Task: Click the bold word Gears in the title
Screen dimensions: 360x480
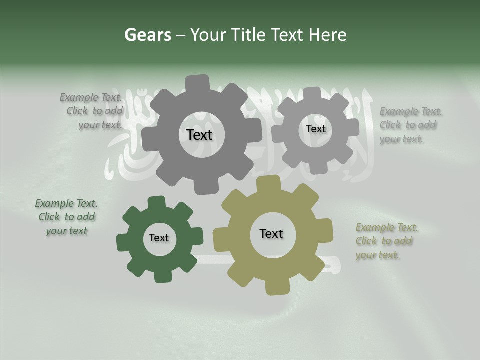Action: pyautogui.click(x=147, y=35)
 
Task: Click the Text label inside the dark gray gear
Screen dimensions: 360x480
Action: pyautogui.click(x=199, y=135)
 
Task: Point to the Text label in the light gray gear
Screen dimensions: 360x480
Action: pyautogui.click(x=315, y=129)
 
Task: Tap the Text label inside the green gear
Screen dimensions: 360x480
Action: pyautogui.click(x=159, y=238)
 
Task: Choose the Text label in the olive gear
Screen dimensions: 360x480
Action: pyautogui.click(x=271, y=233)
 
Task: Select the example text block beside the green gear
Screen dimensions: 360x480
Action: pyautogui.click(x=66, y=217)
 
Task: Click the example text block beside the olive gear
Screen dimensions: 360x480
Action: pyautogui.click(x=386, y=241)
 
